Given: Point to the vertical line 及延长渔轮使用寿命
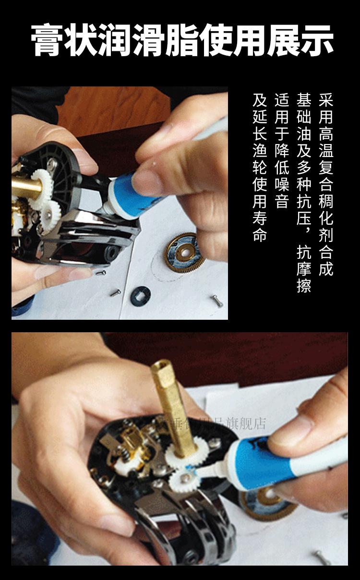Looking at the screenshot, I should pos(260,168).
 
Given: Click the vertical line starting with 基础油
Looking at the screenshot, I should pos(304,192).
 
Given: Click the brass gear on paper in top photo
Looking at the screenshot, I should pos(185,253).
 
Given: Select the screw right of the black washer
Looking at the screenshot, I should pos(216,301).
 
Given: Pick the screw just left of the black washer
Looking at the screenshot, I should pos(116,292).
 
